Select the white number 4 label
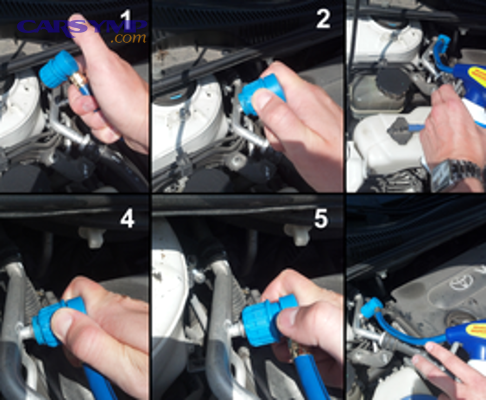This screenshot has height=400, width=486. pyautogui.click(x=127, y=218)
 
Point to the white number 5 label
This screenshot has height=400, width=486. pyautogui.click(x=321, y=218)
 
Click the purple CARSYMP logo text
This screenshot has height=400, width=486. pyautogui.click(x=81, y=26)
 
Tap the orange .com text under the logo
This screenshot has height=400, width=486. pyautogui.click(x=129, y=38)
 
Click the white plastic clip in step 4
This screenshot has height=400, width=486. pyautogui.click(x=92, y=235)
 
